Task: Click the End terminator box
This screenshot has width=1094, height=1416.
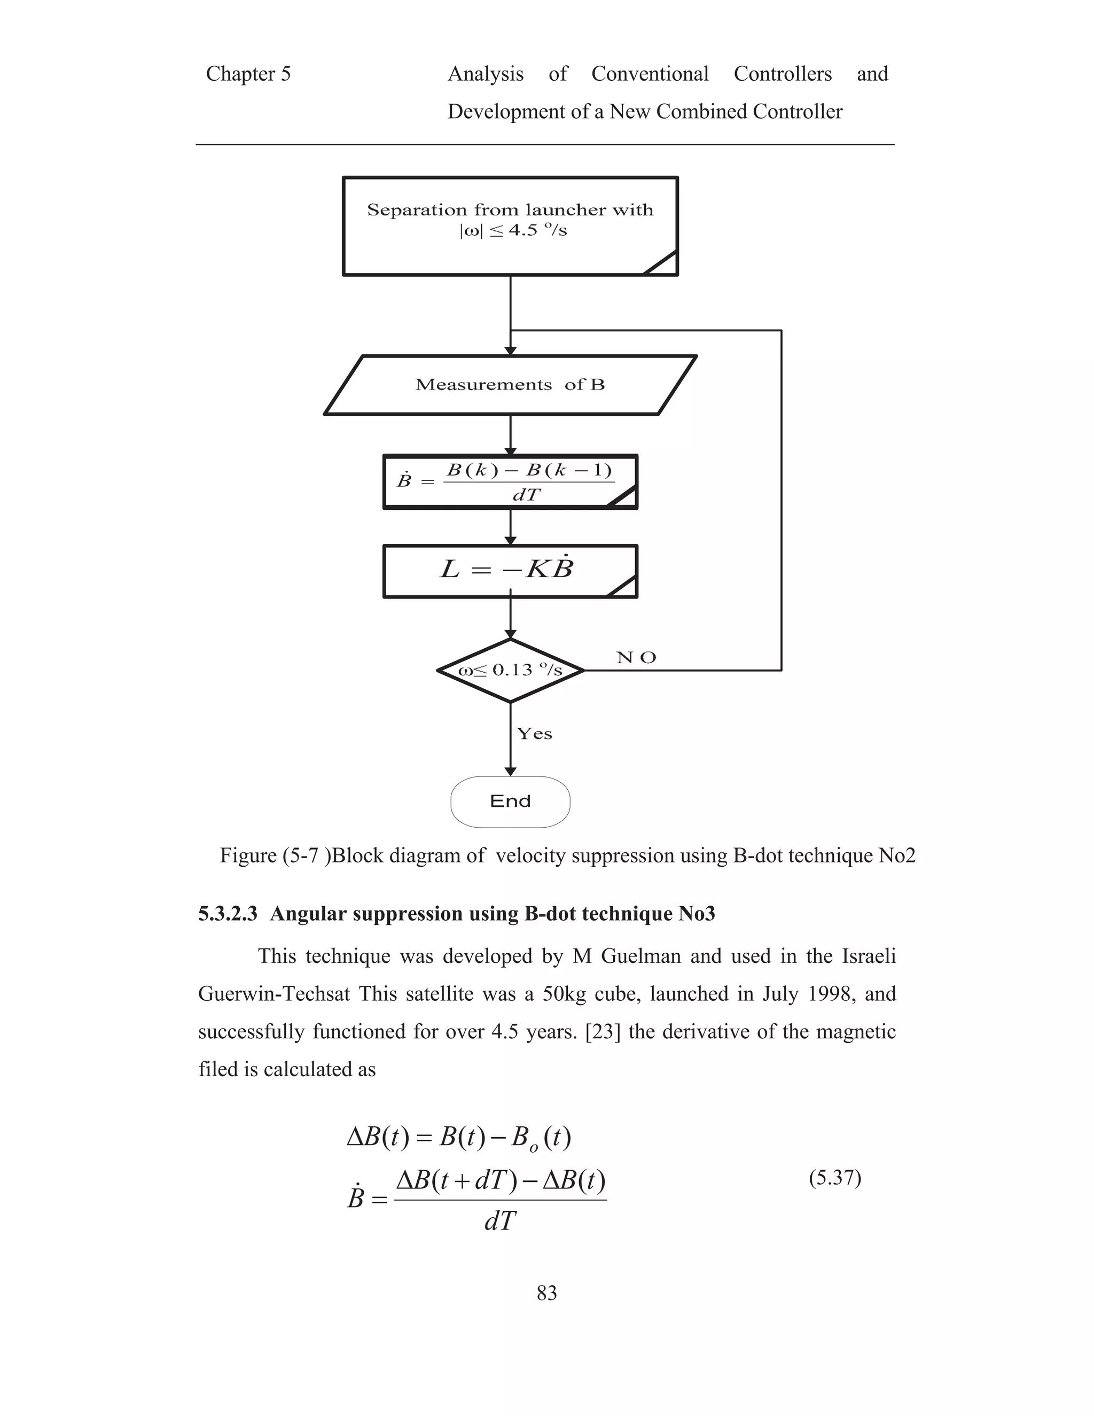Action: (510, 802)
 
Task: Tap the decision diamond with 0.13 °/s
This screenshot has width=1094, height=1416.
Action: (510, 671)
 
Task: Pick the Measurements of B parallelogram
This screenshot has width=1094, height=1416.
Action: (510, 385)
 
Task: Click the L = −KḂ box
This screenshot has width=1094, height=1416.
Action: (510, 571)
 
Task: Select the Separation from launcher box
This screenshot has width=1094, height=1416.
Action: (510, 225)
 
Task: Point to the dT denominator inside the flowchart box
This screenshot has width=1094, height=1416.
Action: (526, 495)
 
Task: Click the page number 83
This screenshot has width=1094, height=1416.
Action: (546, 1293)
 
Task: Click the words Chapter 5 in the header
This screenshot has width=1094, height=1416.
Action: (248, 74)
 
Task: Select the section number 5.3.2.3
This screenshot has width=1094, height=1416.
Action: (228, 914)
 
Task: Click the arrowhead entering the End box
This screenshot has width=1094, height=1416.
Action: (510, 772)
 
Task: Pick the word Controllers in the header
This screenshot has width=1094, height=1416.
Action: (782, 74)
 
